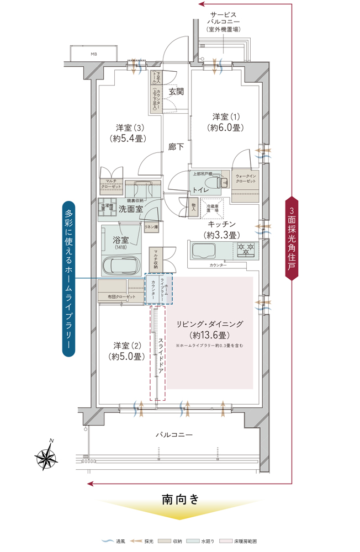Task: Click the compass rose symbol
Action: pos(47,455)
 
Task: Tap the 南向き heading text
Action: pos(180,500)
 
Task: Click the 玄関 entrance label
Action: pos(176,91)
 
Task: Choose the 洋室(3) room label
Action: pos(130,132)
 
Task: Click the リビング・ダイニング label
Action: pos(209,329)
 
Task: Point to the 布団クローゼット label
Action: pos(121,297)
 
